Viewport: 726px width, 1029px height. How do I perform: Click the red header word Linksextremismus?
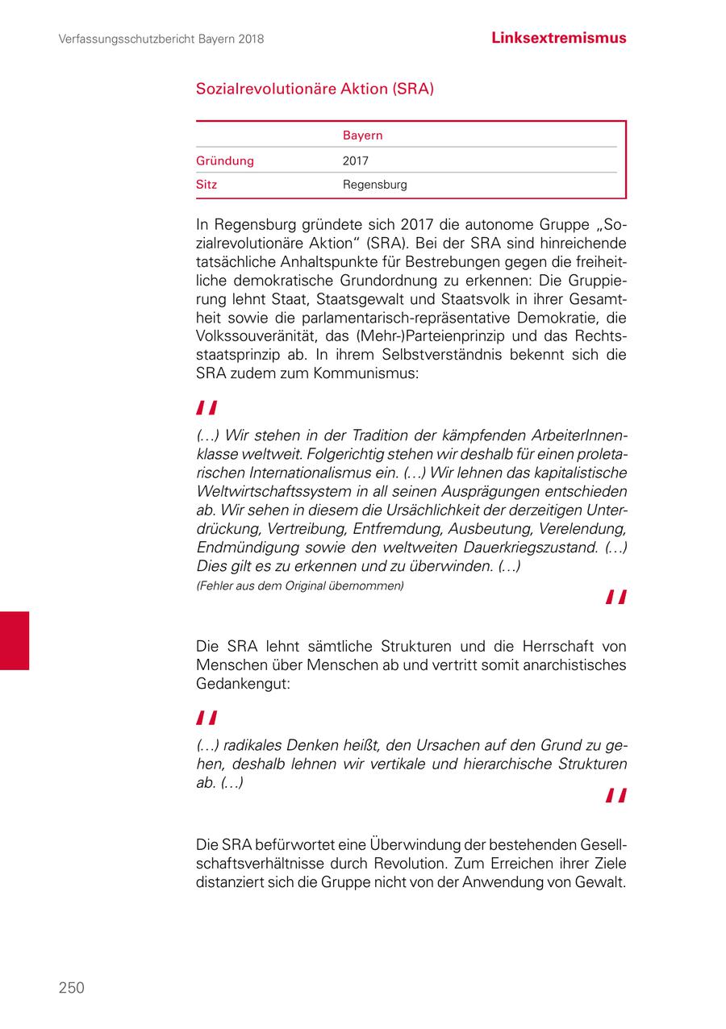click(558, 38)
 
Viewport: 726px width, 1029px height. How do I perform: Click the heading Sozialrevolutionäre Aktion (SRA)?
click(315, 89)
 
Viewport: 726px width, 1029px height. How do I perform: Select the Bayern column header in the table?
click(362, 135)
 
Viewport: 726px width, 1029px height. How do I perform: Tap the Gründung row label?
click(225, 160)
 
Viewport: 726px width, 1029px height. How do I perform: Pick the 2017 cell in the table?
click(356, 160)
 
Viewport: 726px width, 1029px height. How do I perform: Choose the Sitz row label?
click(207, 185)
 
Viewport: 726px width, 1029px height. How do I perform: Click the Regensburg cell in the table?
click(374, 185)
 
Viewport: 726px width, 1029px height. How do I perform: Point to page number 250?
click(71, 988)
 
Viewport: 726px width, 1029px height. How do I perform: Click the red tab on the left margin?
click(15, 640)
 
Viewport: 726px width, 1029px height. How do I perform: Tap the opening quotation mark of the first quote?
click(207, 408)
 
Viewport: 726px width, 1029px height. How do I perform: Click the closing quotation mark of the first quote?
click(616, 597)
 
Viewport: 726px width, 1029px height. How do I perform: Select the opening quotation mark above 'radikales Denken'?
click(207, 719)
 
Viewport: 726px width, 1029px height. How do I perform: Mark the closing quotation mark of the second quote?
click(616, 796)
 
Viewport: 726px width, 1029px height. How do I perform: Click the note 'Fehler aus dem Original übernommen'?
click(300, 586)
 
